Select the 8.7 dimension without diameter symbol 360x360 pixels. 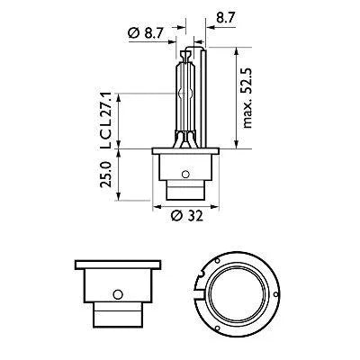(x=217, y=16)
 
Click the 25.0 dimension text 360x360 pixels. (x=106, y=175)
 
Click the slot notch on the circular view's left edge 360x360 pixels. (x=200, y=290)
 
